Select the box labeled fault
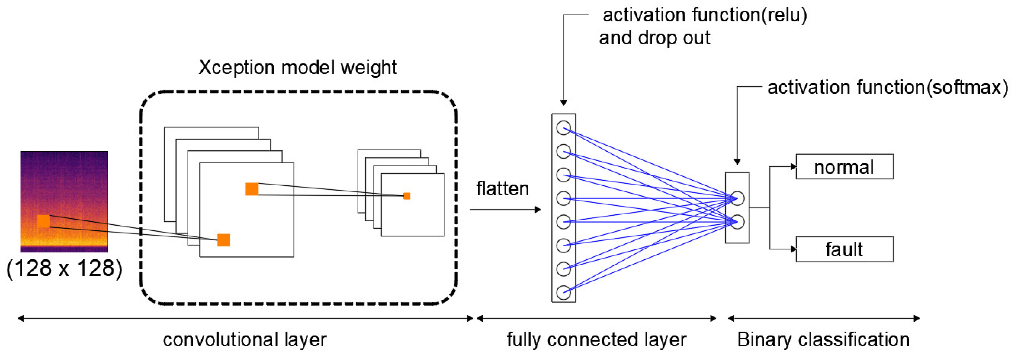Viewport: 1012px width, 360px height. coord(844,249)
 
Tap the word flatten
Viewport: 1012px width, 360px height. coord(502,189)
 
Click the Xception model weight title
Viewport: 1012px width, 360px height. coord(297,67)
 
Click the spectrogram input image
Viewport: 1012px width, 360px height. coord(64,201)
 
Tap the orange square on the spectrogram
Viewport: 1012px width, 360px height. coord(44,221)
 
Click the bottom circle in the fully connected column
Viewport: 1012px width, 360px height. coord(563,292)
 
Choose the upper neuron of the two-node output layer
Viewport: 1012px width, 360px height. coord(737,198)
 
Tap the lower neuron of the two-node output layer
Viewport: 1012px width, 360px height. coord(737,222)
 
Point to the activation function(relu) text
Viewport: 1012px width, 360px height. coord(705,15)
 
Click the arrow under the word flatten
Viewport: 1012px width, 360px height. coord(505,209)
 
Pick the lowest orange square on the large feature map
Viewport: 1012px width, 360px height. coord(224,240)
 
